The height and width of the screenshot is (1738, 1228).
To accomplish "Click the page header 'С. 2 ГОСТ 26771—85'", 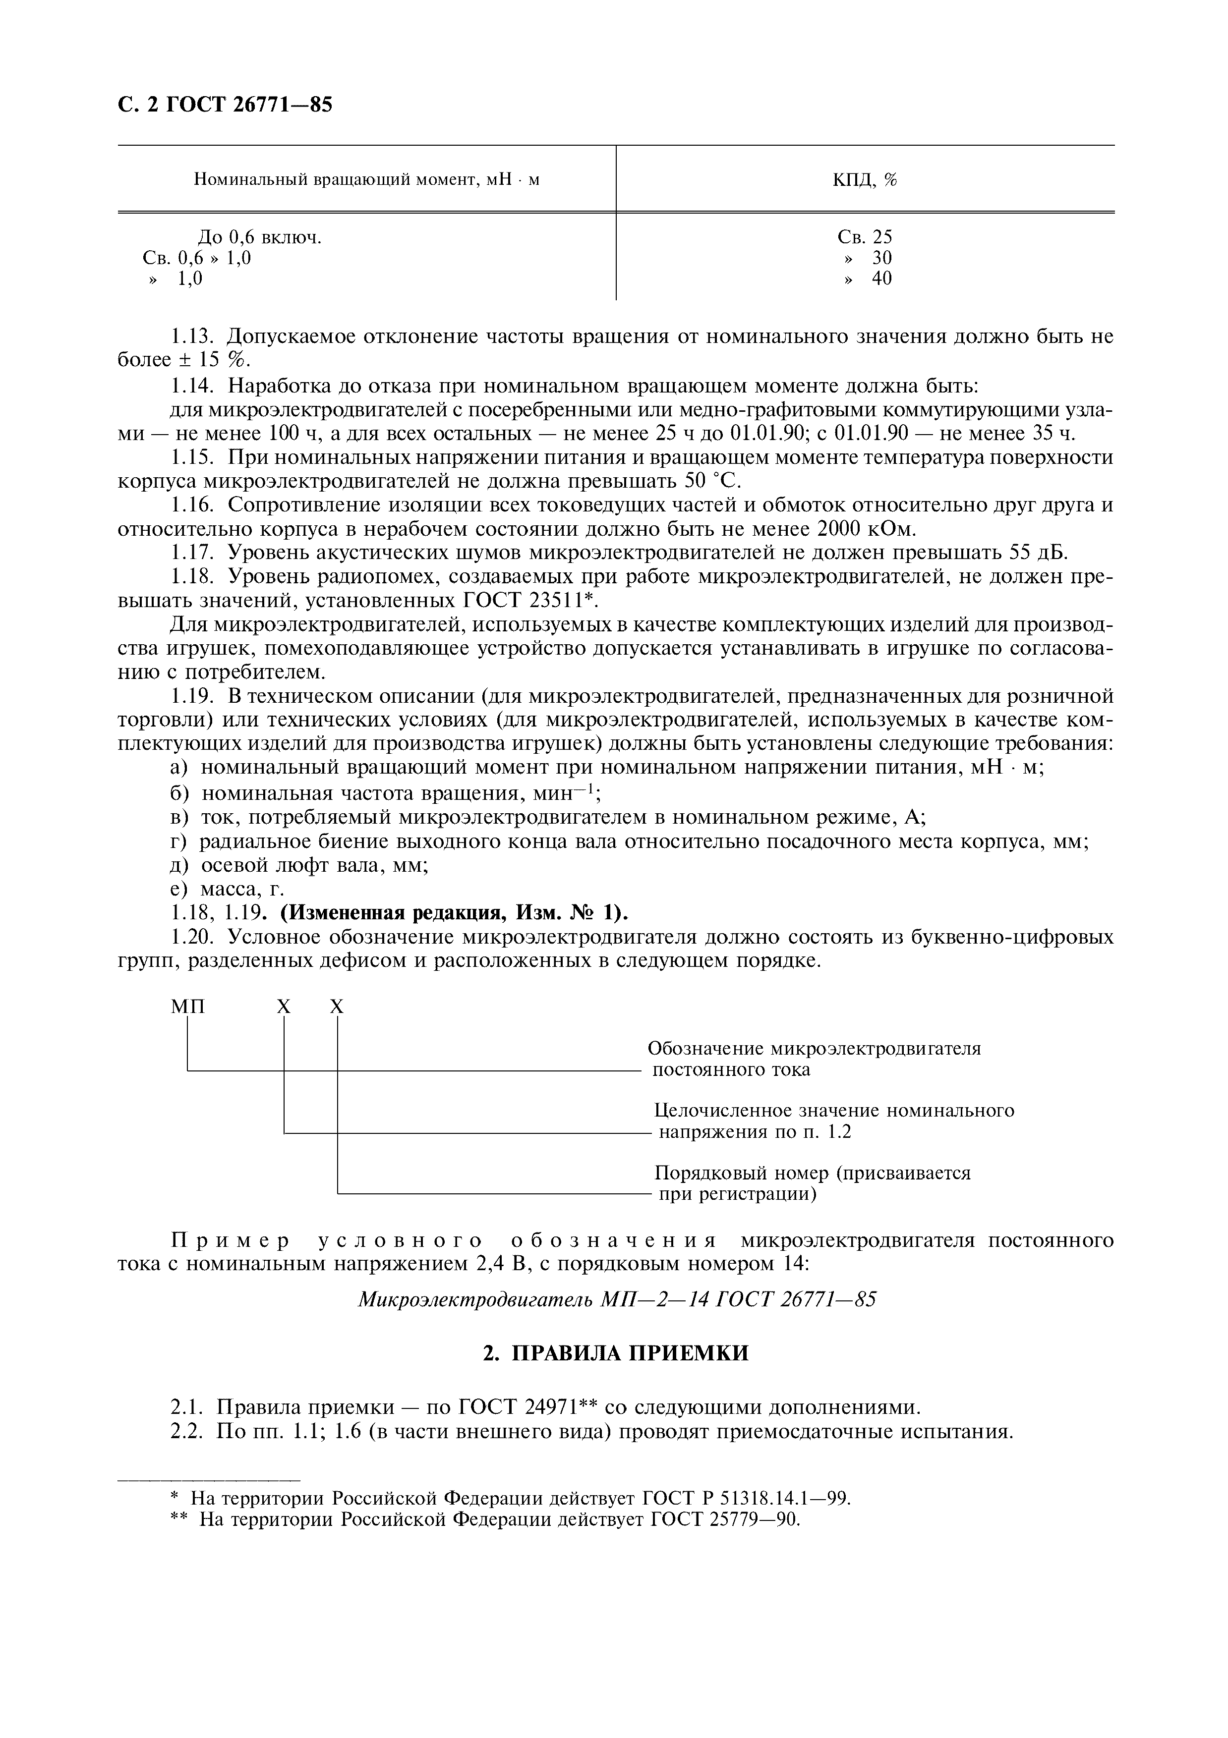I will pyautogui.click(x=225, y=105).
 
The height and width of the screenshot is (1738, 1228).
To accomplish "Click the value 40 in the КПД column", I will pyautogui.click(x=881, y=279).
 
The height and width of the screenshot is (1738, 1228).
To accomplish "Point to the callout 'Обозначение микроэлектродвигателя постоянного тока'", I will pyautogui.click(x=814, y=1058).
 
